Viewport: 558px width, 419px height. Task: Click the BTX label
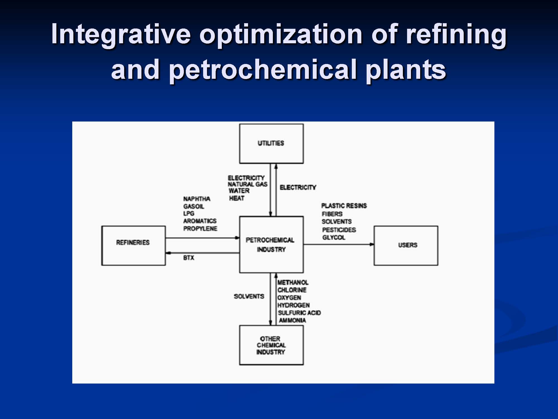[x=189, y=258]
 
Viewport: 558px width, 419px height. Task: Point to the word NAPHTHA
[x=197, y=199]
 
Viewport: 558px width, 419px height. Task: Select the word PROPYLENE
[x=200, y=228]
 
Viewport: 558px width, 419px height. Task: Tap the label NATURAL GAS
[x=247, y=184]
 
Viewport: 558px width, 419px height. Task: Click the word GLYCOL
[x=334, y=237]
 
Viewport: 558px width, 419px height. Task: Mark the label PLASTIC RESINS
[x=344, y=206]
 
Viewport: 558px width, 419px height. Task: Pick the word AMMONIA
[x=292, y=320]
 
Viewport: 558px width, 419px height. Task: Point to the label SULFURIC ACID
[x=299, y=313]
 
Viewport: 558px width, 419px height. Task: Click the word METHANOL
[x=293, y=282]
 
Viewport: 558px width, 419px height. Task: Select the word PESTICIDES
[x=339, y=230]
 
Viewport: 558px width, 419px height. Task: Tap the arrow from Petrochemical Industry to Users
[x=339, y=244]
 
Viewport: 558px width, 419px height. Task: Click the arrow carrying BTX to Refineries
[x=203, y=253]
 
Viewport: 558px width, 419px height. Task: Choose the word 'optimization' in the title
[x=281, y=35]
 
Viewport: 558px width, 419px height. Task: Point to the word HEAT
[x=237, y=198]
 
